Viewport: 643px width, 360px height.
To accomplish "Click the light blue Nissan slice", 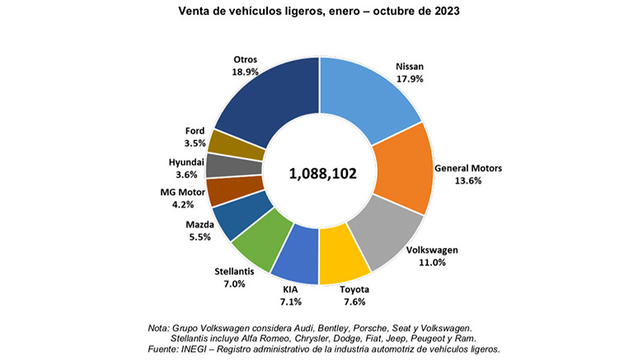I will (367, 95).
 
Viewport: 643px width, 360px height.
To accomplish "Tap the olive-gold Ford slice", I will (225, 141).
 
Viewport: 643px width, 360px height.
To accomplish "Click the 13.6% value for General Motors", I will (478, 182).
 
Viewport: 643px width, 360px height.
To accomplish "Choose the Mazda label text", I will (201, 223).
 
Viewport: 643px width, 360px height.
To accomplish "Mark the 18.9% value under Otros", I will (246, 72).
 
